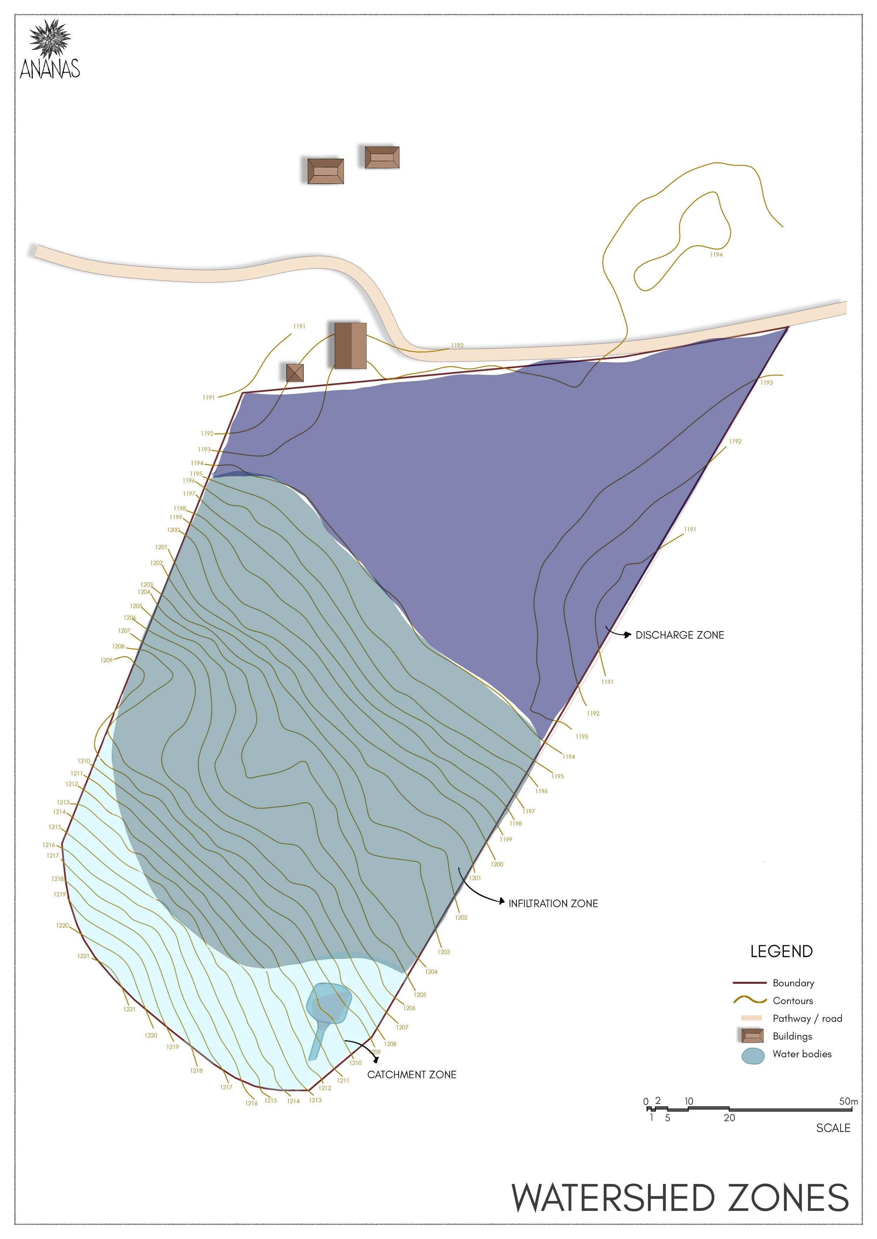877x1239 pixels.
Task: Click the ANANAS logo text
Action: coord(50,69)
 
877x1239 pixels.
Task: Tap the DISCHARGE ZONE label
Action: coord(679,635)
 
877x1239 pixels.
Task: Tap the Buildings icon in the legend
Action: coord(752,1036)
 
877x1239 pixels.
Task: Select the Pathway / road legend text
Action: coord(807,1018)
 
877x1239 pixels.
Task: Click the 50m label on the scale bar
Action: coord(848,1101)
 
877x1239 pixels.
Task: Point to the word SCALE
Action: coord(833,1128)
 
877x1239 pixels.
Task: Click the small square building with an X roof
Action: coord(295,372)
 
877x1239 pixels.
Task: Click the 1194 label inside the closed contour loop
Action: coord(716,255)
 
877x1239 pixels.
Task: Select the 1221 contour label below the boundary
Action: coord(129,1009)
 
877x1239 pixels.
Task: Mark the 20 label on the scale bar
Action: coord(729,1118)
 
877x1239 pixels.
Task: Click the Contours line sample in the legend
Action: coord(750,1000)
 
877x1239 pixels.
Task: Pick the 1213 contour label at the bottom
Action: coord(315,1100)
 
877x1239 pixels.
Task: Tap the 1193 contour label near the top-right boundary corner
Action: coord(766,383)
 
